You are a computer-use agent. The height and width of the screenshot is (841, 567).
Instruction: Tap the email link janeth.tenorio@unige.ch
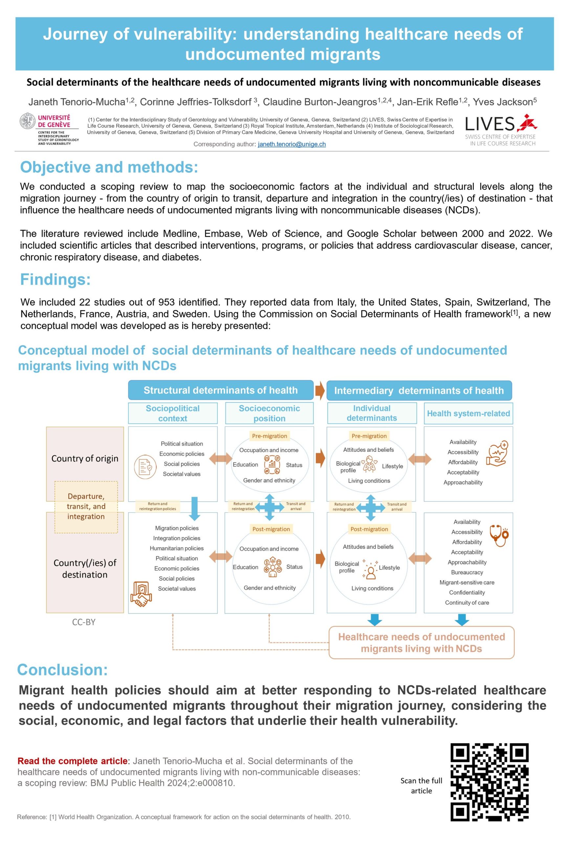pos(292,144)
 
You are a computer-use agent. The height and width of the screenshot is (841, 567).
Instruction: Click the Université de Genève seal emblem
pos(28,121)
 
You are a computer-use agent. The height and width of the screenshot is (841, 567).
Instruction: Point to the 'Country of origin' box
pos(85,458)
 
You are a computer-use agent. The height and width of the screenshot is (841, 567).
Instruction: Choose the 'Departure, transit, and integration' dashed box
pos(86,507)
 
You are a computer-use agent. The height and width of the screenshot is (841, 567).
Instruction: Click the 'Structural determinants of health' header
pos(221,390)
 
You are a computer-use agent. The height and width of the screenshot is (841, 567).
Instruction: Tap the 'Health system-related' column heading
pos(468,414)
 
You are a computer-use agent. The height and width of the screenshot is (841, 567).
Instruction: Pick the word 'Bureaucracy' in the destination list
pos(467,572)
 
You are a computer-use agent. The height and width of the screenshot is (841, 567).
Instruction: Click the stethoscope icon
pos(499,536)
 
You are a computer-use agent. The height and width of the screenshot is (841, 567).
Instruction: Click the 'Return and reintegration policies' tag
pos(158,506)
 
